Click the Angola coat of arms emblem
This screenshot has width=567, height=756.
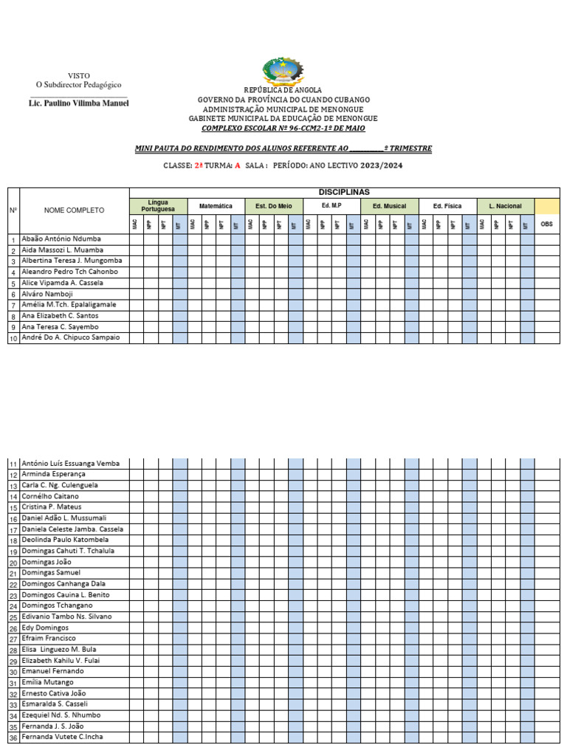[283, 72]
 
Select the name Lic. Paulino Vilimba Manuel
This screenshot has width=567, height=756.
[78, 103]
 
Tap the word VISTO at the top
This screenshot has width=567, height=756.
[79, 76]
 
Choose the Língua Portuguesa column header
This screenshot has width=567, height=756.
[158, 206]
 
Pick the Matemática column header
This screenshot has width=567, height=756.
[216, 206]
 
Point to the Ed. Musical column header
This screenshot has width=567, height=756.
[390, 206]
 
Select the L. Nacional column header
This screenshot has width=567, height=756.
[505, 206]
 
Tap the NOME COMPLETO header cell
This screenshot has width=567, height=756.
[74, 211]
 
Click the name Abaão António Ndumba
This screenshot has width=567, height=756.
[61, 239]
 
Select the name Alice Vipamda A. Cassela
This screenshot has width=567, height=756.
[63, 283]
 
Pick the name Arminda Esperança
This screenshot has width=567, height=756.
[54, 474]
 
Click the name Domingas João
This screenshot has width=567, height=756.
[47, 562]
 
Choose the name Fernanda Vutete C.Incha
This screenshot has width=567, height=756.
[62, 737]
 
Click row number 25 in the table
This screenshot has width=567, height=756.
[13, 617]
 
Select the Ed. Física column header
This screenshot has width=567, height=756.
[447, 206]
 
